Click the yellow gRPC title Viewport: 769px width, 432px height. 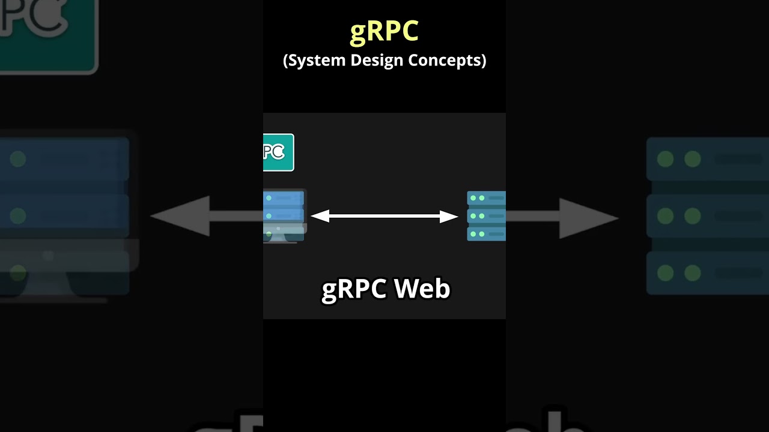click(x=384, y=32)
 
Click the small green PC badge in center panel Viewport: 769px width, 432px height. click(x=278, y=152)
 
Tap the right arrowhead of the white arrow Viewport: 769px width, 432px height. click(x=449, y=217)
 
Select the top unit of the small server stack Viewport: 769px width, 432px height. click(x=486, y=198)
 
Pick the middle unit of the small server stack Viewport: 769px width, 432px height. click(x=486, y=216)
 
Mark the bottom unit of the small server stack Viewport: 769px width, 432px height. click(x=486, y=233)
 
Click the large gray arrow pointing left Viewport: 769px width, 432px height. click(x=192, y=216)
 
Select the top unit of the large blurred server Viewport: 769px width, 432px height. click(x=707, y=159)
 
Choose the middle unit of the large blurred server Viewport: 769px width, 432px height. click(x=707, y=216)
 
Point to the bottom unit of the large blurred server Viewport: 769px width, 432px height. click(x=707, y=273)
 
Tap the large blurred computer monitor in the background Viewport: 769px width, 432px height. click(x=66, y=216)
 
